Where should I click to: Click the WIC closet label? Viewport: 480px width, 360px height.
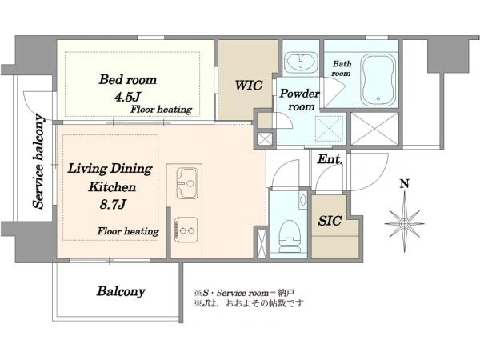[x=248, y=86]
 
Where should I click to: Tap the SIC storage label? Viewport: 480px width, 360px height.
[x=330, y=221]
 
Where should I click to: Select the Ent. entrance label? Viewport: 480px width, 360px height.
[x=330, y=159]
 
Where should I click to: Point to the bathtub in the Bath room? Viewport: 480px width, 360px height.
[x=378, y=81]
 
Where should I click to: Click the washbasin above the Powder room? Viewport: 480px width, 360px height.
[x=302, y=62]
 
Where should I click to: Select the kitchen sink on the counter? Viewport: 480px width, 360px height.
[x=187, y=182]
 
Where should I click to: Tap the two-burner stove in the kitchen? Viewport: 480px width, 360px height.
[x=186, y=230]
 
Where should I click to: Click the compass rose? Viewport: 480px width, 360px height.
[x=404, y=222]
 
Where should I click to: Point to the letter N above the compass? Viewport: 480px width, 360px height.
[x=405, y=184]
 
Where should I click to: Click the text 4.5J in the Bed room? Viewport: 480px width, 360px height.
[x=127, y=97]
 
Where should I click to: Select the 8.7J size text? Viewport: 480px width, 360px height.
[x=113, y=204]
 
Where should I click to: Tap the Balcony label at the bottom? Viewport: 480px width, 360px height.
[x=121, y=291]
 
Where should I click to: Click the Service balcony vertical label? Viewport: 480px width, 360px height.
[x=39, y=162]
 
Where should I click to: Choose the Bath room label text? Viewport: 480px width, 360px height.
[x=342, y=69]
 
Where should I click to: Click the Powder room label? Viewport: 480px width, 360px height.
[x=299, y=100]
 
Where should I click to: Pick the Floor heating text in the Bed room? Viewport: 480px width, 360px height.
[x=162, y=110]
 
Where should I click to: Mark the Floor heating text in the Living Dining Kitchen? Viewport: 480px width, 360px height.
[x=128, y=231]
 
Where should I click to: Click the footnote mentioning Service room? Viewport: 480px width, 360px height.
[x=244, y=293]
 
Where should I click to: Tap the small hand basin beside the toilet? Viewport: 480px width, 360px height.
[x=302, y=199]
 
